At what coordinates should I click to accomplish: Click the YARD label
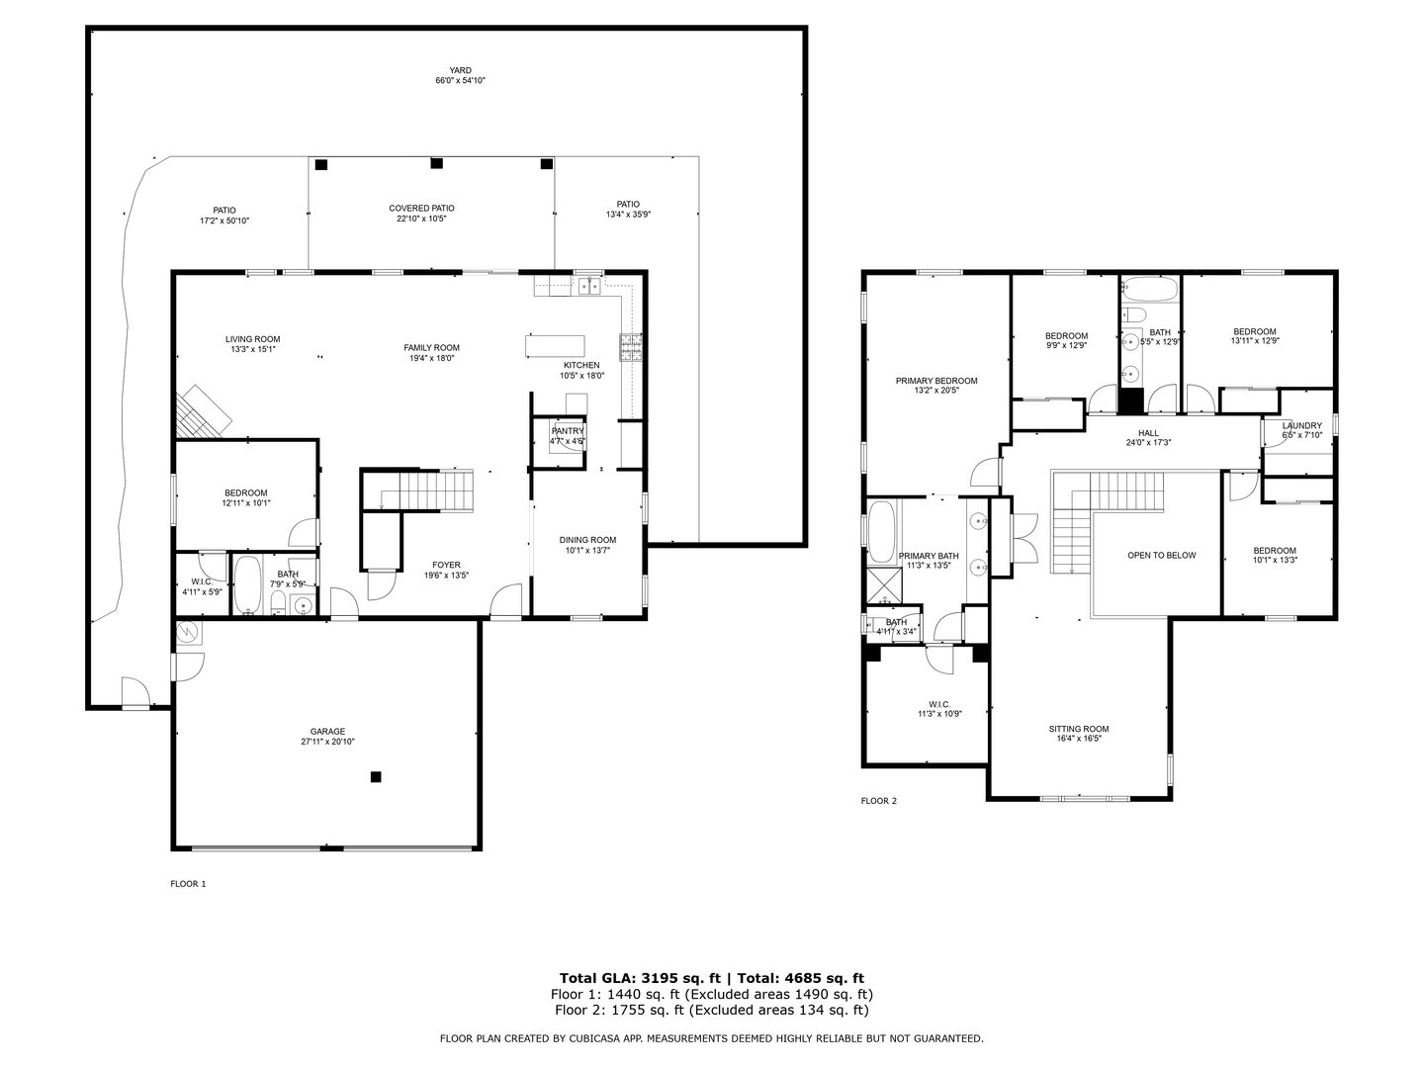[460, 70]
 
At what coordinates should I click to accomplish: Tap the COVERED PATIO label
[421, 209]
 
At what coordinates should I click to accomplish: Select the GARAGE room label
[327, 732]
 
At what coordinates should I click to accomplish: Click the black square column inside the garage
[376, 777]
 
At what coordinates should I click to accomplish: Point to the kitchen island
[555, 345]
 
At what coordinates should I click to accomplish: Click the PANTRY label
[568, 431]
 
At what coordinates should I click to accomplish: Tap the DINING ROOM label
[587, 540]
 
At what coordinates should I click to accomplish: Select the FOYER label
[446, 566]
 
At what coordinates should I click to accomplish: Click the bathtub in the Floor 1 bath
[247, 585]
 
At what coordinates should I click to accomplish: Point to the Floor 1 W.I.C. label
[202, 581]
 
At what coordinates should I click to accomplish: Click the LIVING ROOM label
[253, 339]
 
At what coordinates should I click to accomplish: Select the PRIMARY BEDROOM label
[935, 381]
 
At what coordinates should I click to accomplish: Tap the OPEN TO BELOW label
[1161, 556]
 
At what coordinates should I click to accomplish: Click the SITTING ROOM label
[1079, 729]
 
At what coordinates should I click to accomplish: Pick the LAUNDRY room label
[1301, 426]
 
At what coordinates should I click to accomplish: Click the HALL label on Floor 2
[1148, 433]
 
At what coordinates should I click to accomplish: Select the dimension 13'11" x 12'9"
[1254, 342]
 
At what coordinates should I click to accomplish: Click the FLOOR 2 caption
[878, 801]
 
